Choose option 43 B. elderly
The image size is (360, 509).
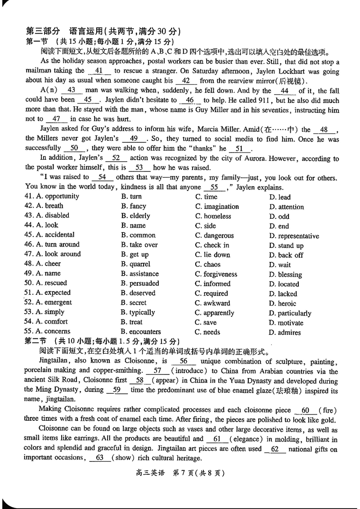[x=135, y=216]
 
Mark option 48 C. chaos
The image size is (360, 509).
[x=207, y=265]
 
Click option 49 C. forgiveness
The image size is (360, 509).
[x=216, y=274]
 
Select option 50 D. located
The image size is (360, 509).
[x=284, y=284]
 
